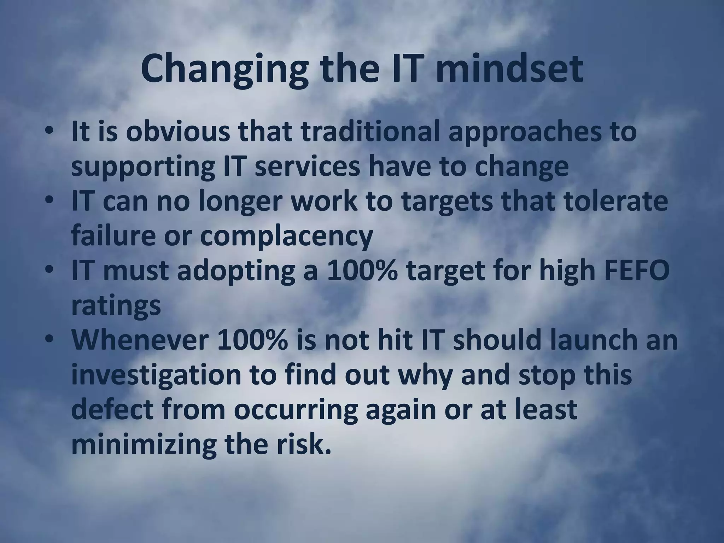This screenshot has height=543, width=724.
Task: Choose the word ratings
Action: [x=116, y=306]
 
